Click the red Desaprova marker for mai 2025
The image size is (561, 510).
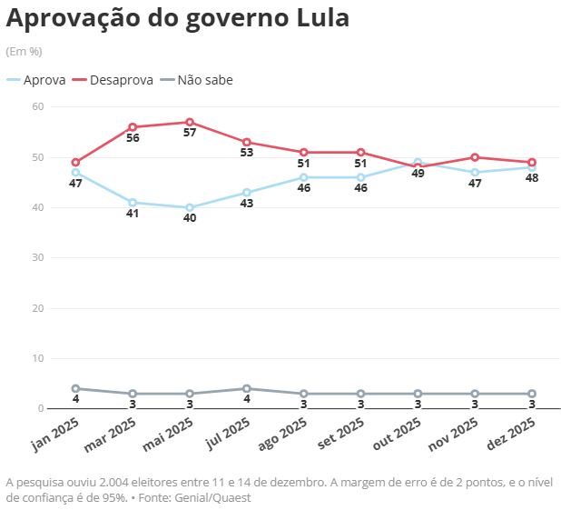pyautogui.click(x=190, y=122)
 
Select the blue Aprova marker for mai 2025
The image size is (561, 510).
pyautogui.click(x=190, y=207)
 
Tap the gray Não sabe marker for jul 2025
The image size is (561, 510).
pyautogui.click(x=247, y=389)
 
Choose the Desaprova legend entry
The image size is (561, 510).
pyautogui.click(x=114, y=80)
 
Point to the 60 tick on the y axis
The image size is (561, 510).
pyautogui.click(x=37, y=106)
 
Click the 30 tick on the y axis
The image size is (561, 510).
pyautogui.click(x=37, y=258)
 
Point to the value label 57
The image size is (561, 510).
pyautogui.click(x=190, y=134)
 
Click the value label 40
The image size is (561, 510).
pyautogui.click(x=190, y=219)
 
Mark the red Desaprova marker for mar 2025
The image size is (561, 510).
pyautogui.click(x=133, y=127)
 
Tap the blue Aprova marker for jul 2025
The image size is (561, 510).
pyautogui.click(x=247, y=193)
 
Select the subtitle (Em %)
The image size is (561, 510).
pyautogui.click(x=24, y=51)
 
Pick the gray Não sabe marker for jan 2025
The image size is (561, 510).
pyautogui.click(x=75, y=389)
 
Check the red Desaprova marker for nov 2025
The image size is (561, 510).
pyautogui.click(x=475, y=157)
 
